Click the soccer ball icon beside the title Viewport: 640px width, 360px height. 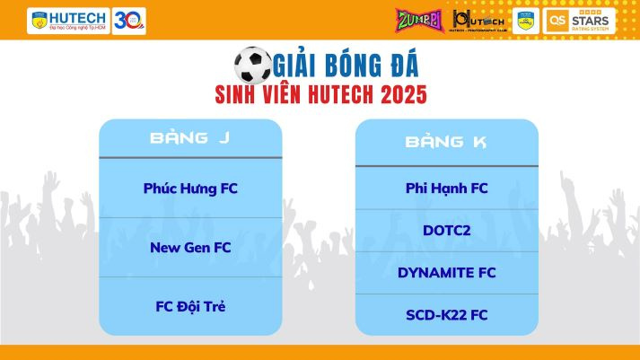click(x=252, y=65)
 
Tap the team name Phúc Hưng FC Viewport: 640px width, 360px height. click(x=190, y=189)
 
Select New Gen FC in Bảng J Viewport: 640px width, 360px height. click(x=190, y=247)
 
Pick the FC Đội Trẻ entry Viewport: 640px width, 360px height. click(x=190, y=306)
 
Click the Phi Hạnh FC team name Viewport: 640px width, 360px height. click(x=447, y=188)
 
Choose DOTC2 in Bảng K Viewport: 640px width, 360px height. click(x=447, y=230)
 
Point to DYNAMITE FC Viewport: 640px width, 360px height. click(x=447, y=272)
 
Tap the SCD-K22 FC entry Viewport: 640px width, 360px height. click(x=447, y=314)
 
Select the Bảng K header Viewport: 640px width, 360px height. click(x=447, y=141)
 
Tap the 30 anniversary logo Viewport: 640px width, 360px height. click(x=129, y=20)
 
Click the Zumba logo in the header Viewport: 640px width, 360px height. click(x=419, y=20)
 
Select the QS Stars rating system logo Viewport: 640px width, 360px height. click(x=580, y=20)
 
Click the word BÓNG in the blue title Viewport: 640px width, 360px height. click(x=344, y=66)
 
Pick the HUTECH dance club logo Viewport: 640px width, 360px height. click(x=473, y=20)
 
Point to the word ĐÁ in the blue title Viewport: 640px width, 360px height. click(x=399, y=66)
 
